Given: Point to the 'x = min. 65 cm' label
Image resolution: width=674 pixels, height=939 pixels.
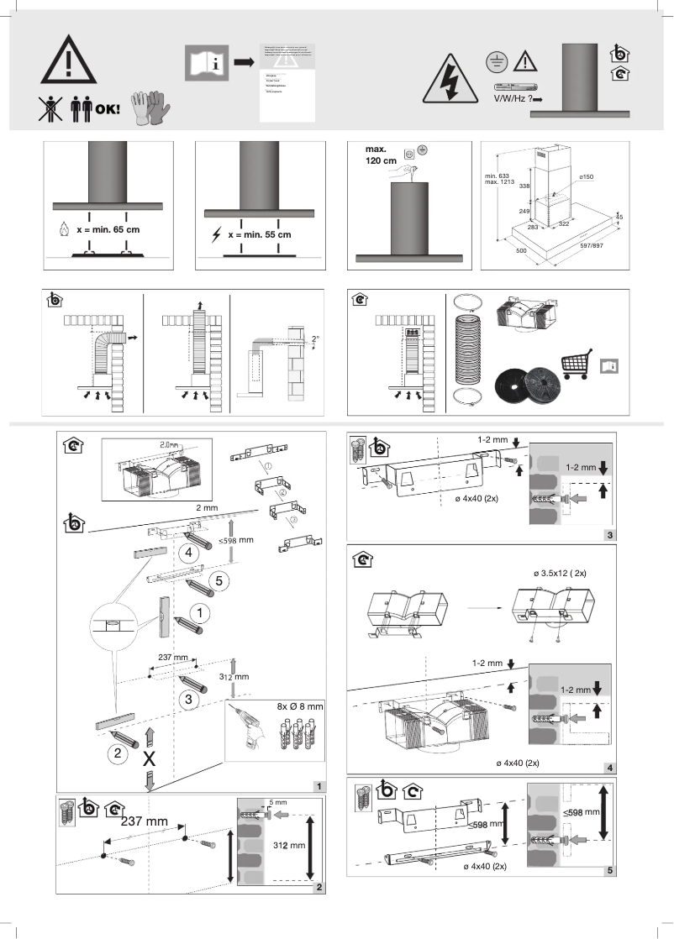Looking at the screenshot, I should coord(109,228).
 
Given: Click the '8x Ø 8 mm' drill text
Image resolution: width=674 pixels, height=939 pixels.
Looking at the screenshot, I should coord(293,707).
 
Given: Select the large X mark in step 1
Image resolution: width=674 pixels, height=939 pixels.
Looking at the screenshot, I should coord(150,758).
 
